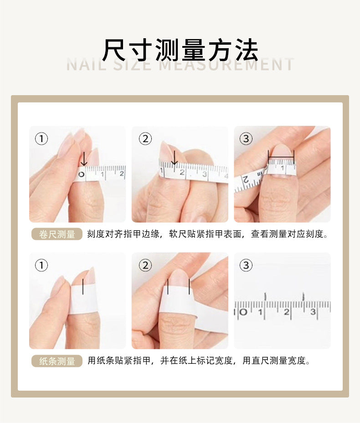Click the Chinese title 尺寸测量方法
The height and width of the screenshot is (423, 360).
[x=180, y=50]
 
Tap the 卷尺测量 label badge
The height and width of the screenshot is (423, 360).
[x=57, y=234]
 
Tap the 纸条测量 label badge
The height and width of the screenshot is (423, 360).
[x=57, y=361]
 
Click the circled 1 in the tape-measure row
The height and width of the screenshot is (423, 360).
[x=41, y=139]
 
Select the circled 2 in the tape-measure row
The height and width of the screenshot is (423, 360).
[x=145, y=139]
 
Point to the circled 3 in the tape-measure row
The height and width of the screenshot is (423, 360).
[x=246, y=139]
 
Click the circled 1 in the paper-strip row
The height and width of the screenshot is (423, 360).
[x=41, y=265]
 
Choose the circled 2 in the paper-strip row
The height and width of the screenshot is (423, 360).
[x=145, y=265]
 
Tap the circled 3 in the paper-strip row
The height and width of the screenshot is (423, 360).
[x=246, y=265]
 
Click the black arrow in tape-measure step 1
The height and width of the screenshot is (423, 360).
[x=84, y=158]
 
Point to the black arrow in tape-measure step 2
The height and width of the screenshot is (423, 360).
[x=175, y=158]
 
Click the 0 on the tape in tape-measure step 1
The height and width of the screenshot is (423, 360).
[x=82, y=174]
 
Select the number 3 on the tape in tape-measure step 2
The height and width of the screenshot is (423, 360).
[x=205, y=174]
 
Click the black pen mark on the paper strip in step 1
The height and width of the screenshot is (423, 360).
[x=82, y=287]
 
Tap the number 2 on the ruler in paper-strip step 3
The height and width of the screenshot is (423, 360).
[x=286, y=312]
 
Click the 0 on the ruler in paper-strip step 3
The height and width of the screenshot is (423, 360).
[x=243, y=312]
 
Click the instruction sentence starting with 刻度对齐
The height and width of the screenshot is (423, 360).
[x=208, y=234]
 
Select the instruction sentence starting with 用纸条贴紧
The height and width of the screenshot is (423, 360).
[x=199, y=361]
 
